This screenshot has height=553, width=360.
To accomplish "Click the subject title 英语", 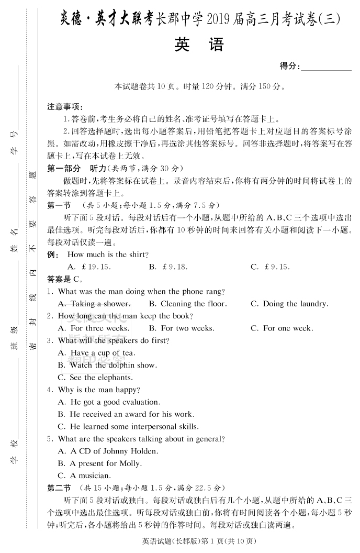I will (199, 45).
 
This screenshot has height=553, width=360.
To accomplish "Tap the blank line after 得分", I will (326, 68).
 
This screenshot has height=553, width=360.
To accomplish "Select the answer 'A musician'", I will (90, 476).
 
